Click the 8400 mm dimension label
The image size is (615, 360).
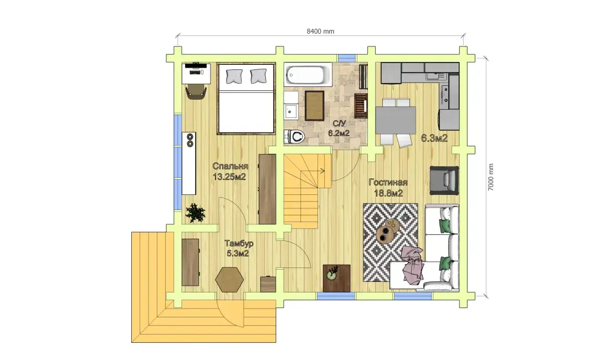[320, 32]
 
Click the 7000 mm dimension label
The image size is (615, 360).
[491, 177]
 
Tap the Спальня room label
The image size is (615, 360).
[230, 166]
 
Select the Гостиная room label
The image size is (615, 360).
[388, 182]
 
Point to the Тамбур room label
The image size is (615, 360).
[239, 244]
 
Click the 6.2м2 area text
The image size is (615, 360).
[339, 133]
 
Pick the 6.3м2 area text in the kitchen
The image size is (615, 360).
[434, 138]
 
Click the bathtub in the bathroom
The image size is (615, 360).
[308, 75]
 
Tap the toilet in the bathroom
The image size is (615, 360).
[295, 137]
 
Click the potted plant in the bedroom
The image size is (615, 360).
[196, 213]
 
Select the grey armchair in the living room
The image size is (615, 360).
[444, 181]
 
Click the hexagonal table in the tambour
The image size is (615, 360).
[229, 279]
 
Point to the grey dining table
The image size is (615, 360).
[396, 120]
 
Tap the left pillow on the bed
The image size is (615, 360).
[234, 76]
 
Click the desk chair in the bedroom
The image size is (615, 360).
[196, 92]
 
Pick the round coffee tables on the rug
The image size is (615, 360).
[388, 230]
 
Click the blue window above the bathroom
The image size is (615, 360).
[347, 58]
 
